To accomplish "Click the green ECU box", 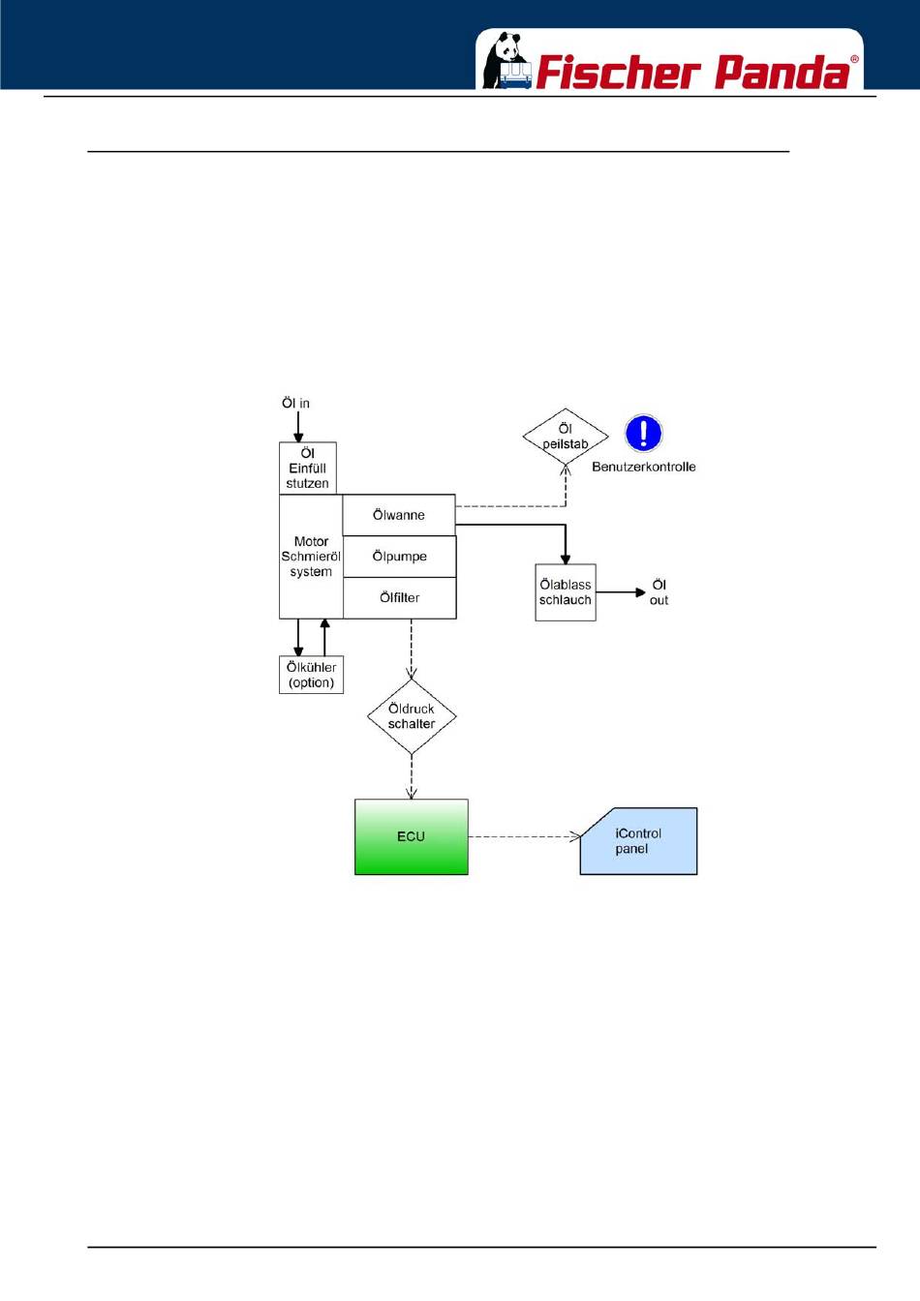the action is pos(412,836).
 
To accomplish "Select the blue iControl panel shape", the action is pos(639,840).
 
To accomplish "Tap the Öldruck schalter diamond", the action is pos(412,716).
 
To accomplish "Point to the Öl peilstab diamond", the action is pos(566,437).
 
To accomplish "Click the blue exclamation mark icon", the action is pos(643,433).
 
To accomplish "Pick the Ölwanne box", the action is pos(399,515).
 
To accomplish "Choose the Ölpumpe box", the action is pos(399,556).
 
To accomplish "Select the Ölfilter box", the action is pos(399,597).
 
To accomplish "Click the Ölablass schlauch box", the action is pos(566,591).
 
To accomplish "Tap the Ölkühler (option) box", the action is pos(311,675).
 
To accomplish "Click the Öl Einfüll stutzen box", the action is pos(307,469).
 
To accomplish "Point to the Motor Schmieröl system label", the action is pos(311,557).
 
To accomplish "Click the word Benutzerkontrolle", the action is pos(643,467).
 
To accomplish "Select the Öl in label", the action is pos(295,403).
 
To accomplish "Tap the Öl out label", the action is pos(659,592).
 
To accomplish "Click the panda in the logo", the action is pos(505,60).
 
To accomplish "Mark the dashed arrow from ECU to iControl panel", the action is pos(524,837).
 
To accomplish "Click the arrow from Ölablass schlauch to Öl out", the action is pos(621,592).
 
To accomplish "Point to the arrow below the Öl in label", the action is pos(298,427).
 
